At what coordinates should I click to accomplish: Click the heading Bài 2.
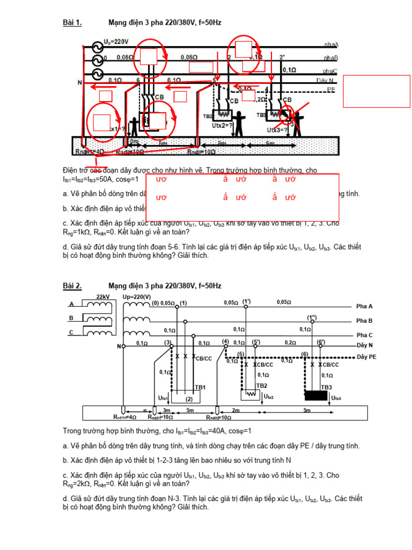point(72,286)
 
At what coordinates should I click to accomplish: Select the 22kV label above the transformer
point(103,297)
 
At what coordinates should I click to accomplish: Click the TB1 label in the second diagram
point(200,387)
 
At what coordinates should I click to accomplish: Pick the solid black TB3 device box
point(317,396)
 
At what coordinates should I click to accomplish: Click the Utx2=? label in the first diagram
point(223,126)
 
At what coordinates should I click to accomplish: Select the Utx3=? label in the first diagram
point(277,130)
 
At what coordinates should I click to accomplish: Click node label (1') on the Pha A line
point(247,301)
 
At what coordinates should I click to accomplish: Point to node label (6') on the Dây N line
point(321,342)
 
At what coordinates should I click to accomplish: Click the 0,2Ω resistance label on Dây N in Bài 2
point(290,342)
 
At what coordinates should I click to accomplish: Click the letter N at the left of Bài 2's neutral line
point(119,346)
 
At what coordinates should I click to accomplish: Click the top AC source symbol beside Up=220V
point(97,47)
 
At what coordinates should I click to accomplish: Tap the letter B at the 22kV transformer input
point(71,318)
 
